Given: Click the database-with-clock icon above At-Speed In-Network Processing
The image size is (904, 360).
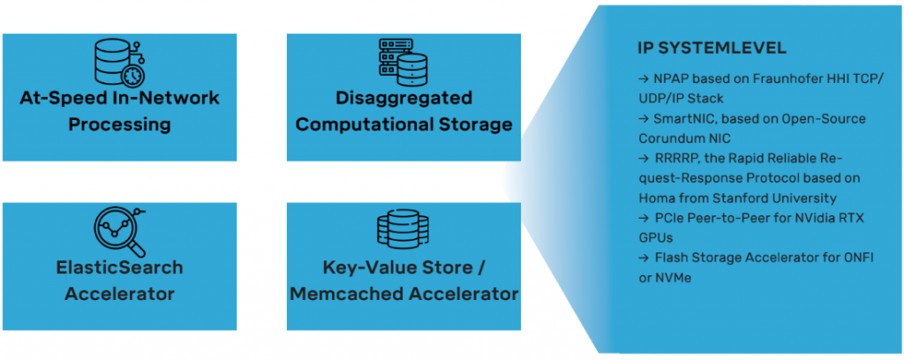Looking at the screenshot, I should pos(119,62).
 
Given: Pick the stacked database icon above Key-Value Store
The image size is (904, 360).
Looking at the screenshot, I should pos(403,231).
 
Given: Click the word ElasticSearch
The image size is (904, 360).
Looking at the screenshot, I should pos(119,267).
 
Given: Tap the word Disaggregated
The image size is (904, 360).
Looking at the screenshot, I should pos(403,98).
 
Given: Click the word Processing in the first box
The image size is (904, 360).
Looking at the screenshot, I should pos(119,124).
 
